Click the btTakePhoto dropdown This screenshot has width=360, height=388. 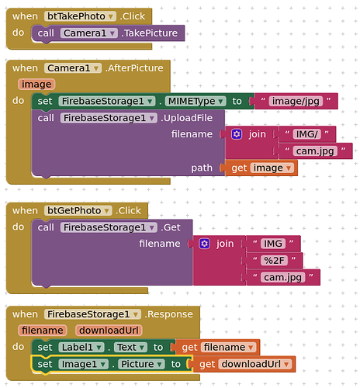click(80, 16)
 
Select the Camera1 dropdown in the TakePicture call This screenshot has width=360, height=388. click(89, 33)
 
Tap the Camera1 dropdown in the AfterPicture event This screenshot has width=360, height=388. click(73, 68)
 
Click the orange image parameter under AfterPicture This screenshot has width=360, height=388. click(36, 85)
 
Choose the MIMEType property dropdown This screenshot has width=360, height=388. click(196, 101)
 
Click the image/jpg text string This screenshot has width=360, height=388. click(296, 101)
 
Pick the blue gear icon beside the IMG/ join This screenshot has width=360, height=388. click(237, 134)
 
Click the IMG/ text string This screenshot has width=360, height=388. click(306, 134)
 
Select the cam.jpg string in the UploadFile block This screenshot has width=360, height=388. click(315, 151)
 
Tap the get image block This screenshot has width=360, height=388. click(261, 168)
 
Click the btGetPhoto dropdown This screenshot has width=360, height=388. click(78, 210)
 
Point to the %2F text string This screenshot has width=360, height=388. click(274, 261)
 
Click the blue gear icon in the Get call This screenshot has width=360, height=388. click(204, 244)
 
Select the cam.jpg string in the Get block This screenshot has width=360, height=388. click(282, 277)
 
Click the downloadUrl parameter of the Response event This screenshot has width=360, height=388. click(109, 331)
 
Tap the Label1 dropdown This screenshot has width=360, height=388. click(81, 348)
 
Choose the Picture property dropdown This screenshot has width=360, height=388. click(141, 364)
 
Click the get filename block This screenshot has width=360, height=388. click(218, 348)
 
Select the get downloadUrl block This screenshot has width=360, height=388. click(244, 364)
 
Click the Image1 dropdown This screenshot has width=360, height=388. click(84, 364)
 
